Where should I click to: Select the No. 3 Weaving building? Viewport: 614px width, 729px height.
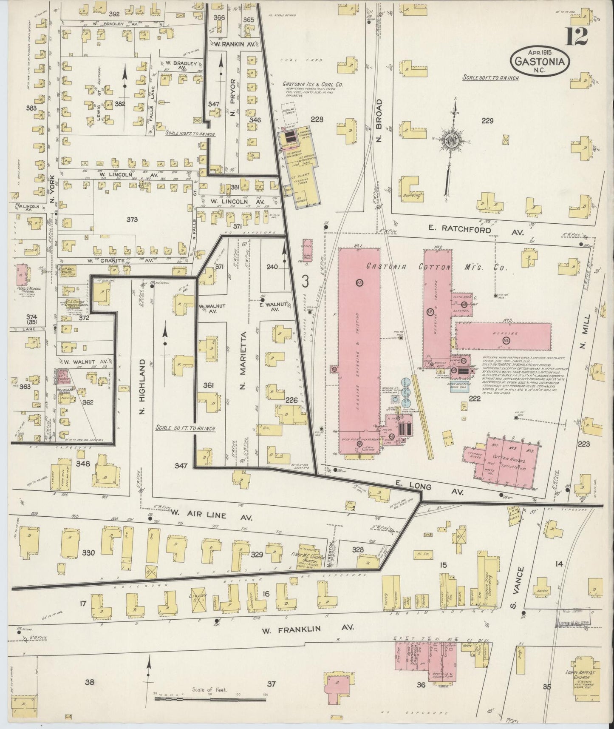click(504, 336)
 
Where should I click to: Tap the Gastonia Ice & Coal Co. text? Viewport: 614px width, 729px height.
click(313, 85)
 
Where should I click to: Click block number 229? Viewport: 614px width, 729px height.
click(487, 121)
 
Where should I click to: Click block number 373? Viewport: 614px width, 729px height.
click(132, 219)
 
